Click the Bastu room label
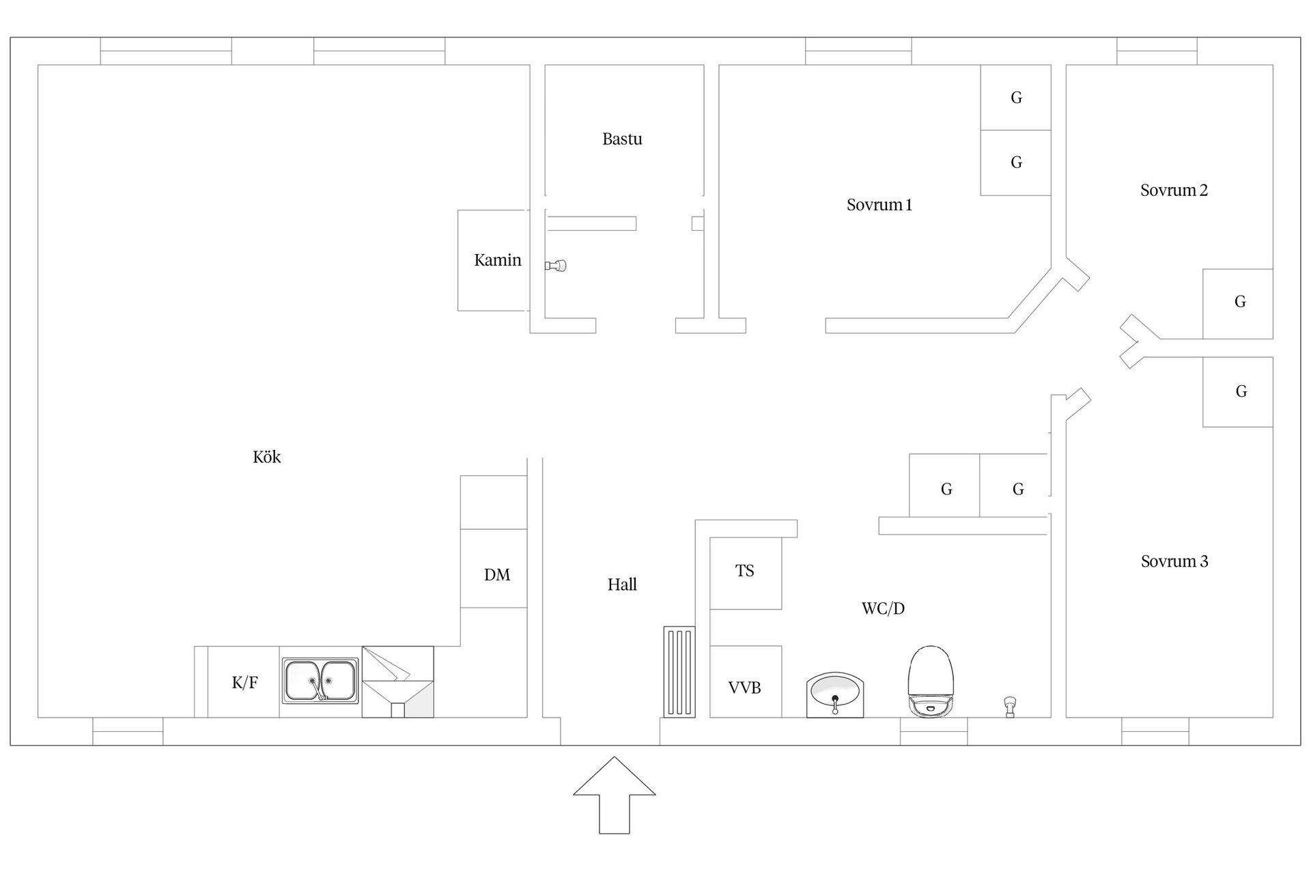[622, 139]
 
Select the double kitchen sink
[320, 681]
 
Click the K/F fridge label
[244, 682]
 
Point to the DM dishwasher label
[496, 575]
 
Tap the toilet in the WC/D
[929, 681]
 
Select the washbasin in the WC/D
[835, 694]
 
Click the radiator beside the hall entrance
[679, 672]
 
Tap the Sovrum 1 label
[879, 205]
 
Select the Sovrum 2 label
[1174, 191]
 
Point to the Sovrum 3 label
[1174, 561]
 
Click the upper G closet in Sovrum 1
[1015, 98]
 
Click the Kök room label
[266, 457]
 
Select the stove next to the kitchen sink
[397, 681]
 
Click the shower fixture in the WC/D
[1009, 705]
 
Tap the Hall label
[622, 584]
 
